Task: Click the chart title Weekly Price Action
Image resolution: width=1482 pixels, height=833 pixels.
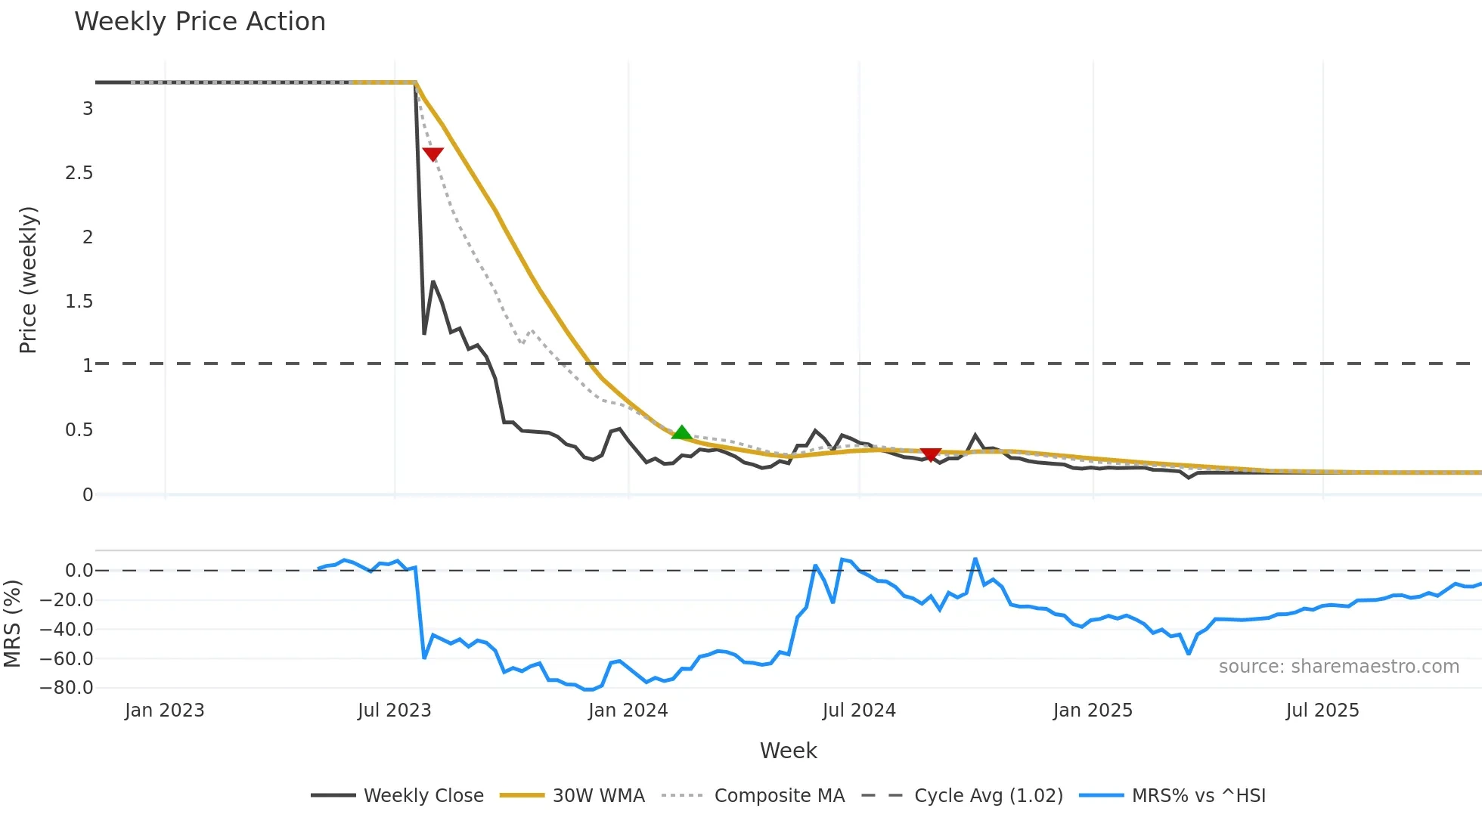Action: click(x=200, y=22)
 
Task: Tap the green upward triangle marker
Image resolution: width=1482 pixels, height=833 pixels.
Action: click(x=681, y=432)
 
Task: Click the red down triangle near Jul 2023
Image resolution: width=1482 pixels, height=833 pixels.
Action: click(x=433, y=154)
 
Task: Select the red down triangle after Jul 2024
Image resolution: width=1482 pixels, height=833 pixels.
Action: click(x=931, y=454)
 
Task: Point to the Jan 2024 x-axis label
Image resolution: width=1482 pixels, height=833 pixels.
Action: click(x=628, y=711)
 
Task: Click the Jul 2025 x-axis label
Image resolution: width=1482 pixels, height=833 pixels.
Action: click(x=1322, y=711)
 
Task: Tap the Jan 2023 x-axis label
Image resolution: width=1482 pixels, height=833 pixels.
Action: click(x=165, y=711)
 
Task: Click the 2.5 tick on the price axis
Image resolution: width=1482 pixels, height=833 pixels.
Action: click(x=79, y=173)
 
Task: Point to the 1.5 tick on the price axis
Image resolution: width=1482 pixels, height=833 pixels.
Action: click(x=79, y=302)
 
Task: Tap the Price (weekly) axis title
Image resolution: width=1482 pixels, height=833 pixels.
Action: click(x=28, y=280)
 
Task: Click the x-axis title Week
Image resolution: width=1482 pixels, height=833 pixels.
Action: click(x=788, y=751)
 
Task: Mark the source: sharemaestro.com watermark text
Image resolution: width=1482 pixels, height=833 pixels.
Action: click(x=1338, y=667)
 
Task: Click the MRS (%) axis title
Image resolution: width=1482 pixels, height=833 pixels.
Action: click(x=12, y=624)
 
